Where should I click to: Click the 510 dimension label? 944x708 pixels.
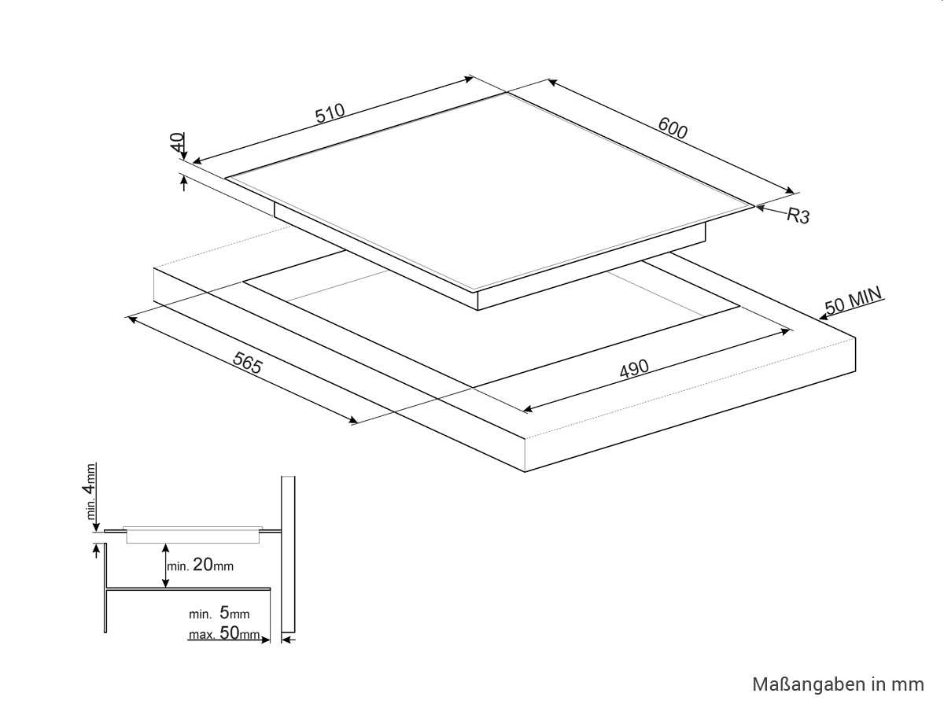click(331, 113)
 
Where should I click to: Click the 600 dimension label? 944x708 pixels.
click(673, 128)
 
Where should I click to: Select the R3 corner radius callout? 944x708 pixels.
click(798, 216)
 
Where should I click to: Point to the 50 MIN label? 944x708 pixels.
click(854, 301)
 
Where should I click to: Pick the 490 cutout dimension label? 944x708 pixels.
click(633, 368)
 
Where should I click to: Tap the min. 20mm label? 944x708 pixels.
click(201, 565)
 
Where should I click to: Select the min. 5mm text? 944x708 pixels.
click(219, 614)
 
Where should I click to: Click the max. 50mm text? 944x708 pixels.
click(224, 634)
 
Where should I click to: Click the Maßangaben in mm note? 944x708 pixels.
click(838, 684)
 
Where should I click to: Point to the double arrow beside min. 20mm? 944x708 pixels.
click(164, 565)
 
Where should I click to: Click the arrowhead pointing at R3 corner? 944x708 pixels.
click(761, 208)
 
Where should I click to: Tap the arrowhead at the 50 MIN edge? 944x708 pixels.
click(823, 317)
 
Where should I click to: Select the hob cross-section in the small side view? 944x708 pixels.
click(194, 535)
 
